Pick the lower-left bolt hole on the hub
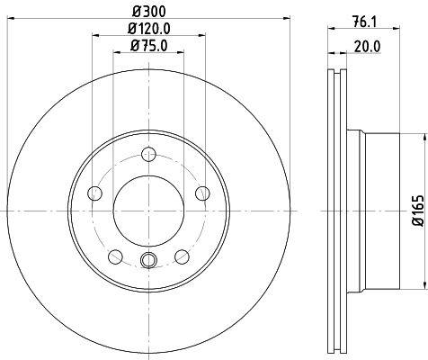[115, 256]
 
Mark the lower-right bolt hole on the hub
[183, 256]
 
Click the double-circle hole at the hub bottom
[149, 261]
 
